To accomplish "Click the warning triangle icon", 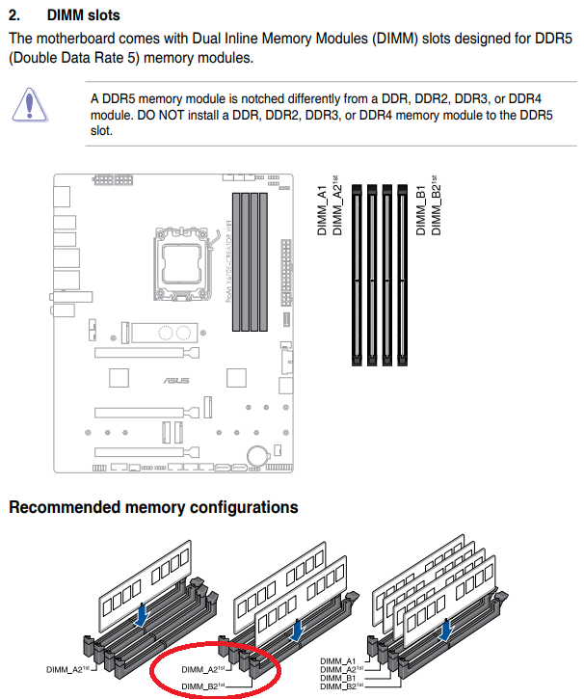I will tap(35, 104).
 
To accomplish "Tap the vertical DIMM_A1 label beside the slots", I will tap(323, 206).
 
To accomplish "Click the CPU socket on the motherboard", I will tap(181, 260).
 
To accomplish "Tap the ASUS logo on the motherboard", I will tap(176, 380).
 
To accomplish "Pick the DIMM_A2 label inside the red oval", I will tap(202, 666).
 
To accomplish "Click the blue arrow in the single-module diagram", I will tap(144, 613).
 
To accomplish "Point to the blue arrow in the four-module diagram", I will tap(445, 630).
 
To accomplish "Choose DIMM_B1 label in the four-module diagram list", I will tap(338, 677).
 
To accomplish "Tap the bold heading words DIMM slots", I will tap(87, 16).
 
